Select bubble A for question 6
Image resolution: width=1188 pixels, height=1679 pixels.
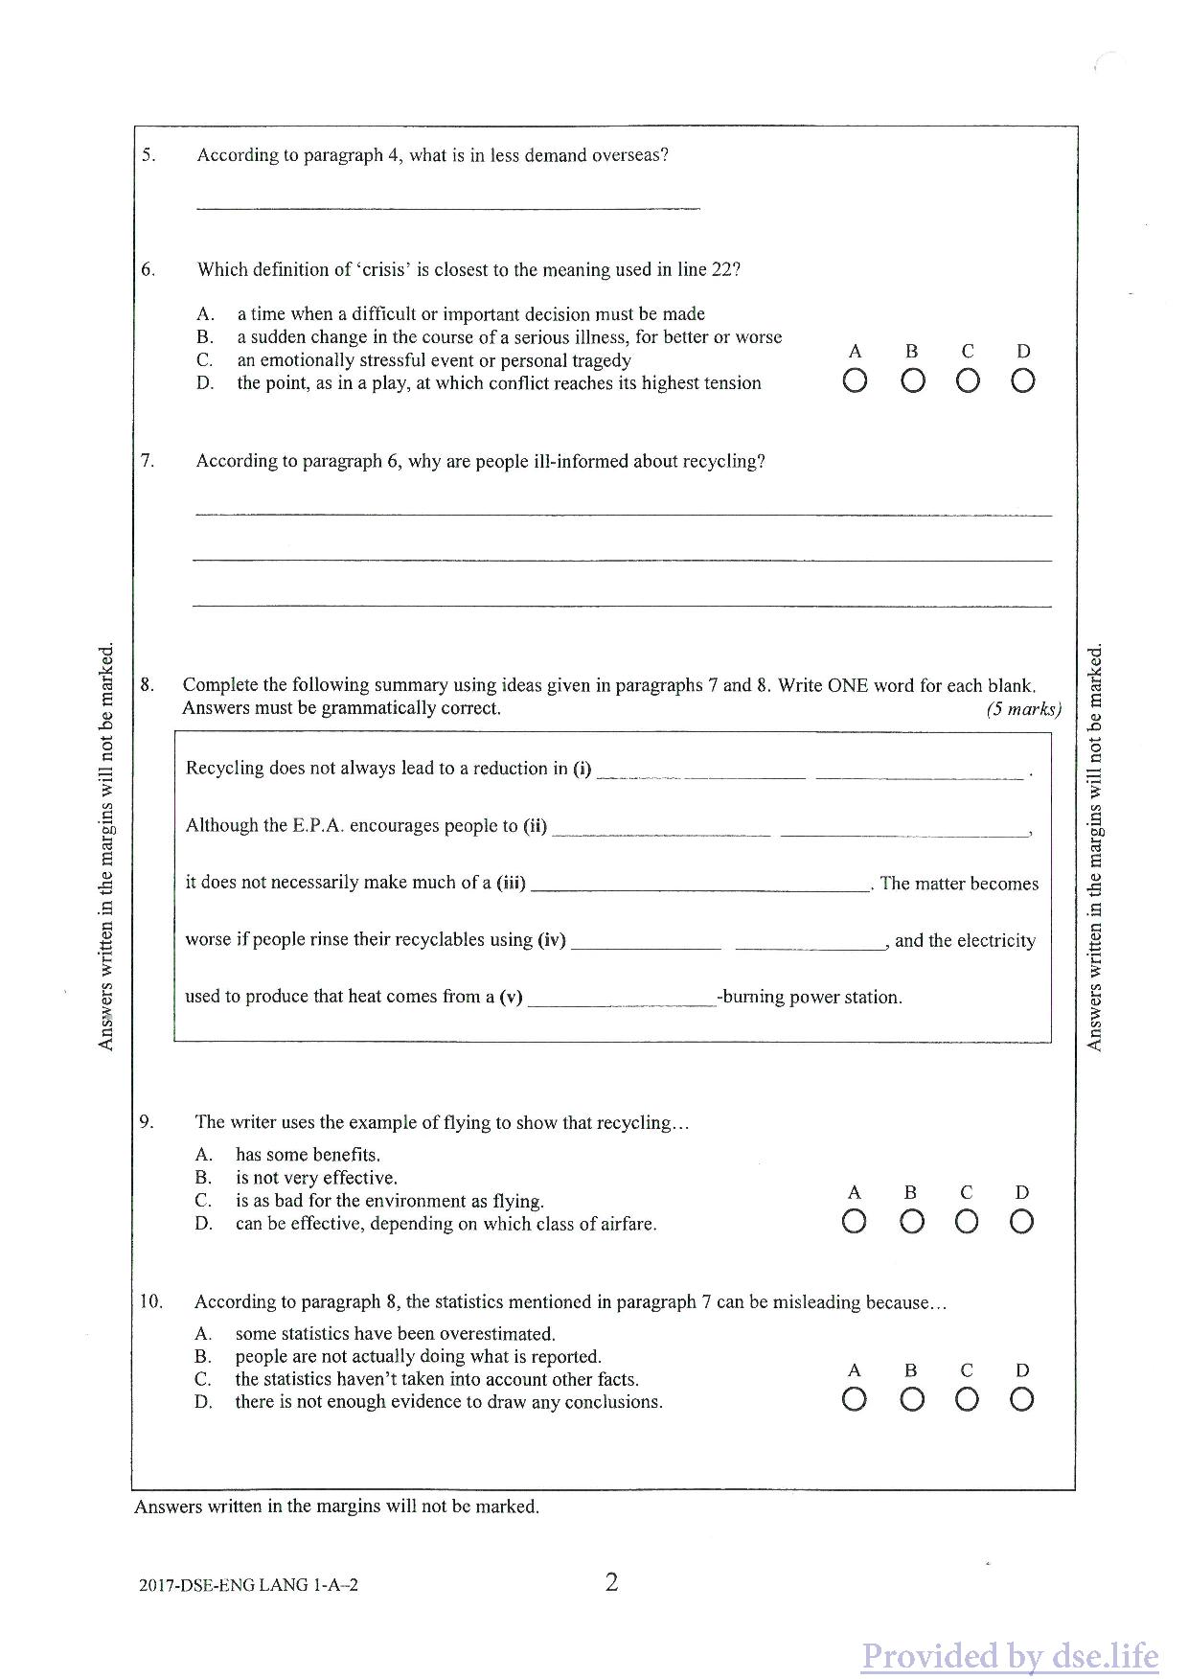click(855, 381)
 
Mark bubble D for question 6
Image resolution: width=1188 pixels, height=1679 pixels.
click(1023, 381)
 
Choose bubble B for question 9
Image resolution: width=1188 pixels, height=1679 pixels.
click(912, 1222)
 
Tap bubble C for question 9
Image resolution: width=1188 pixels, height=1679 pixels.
click(967, 1222)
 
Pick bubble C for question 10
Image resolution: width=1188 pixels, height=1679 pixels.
click(967, 1400)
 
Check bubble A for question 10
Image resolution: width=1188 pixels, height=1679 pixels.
click(855, 1400)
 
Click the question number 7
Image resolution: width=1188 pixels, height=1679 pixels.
click(148, 461)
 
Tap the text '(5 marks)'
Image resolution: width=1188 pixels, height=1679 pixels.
click(1023, 709)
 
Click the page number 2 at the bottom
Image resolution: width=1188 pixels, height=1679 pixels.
click(611, 1582)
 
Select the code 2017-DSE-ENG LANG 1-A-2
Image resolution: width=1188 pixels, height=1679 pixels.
click(248, 1585)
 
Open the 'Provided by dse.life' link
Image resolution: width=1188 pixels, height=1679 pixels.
click(1009, 1655)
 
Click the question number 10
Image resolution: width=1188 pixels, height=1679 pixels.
click(150, 1301)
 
